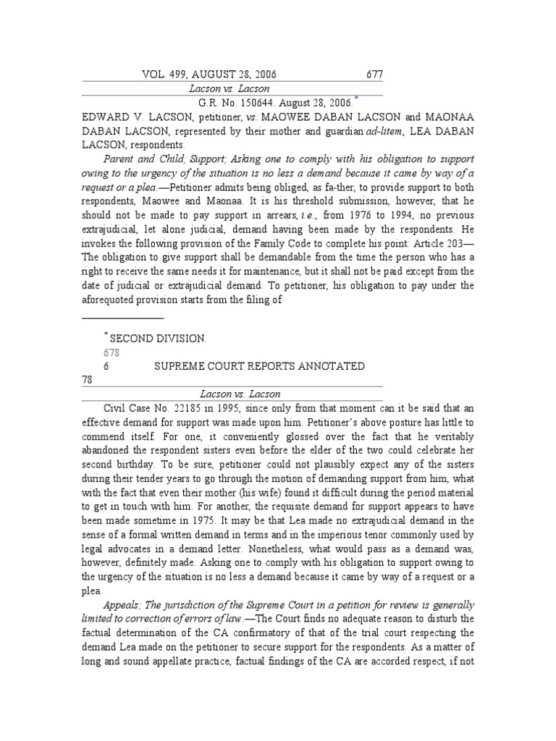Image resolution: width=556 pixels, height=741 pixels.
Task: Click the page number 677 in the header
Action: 373,75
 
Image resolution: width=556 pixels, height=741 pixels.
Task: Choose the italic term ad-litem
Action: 365,130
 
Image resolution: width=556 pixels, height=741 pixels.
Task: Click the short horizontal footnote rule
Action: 122,317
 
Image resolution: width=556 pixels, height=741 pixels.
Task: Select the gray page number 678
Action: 111,352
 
